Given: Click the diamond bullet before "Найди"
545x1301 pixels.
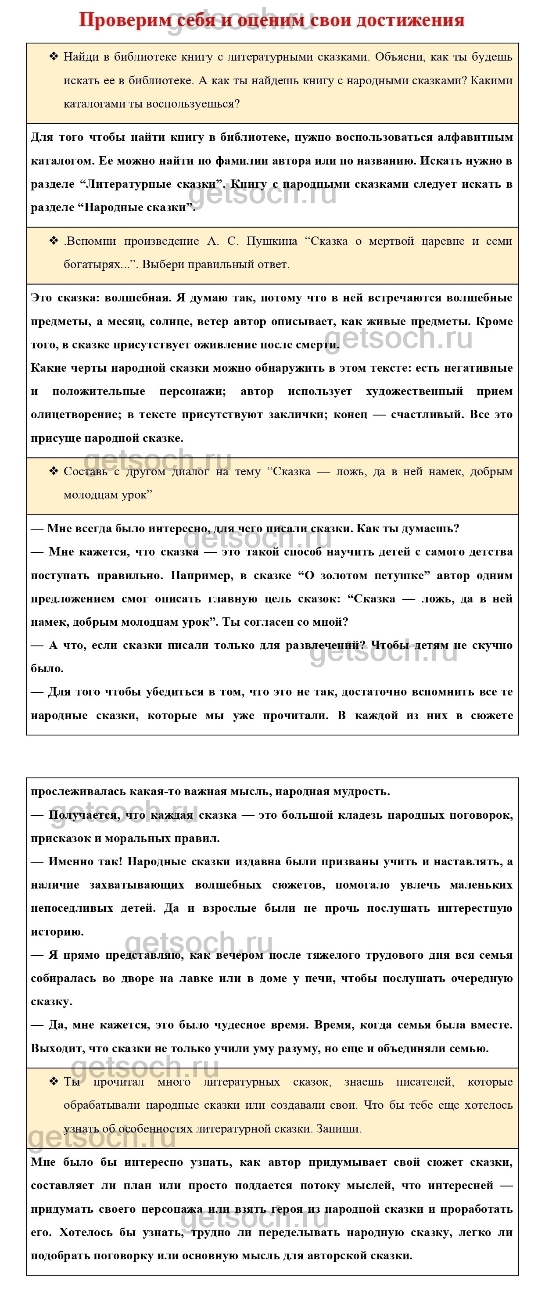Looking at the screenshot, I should pos(54,56).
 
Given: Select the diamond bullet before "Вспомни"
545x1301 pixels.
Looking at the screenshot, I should pos(54,240).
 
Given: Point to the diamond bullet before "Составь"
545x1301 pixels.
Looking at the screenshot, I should pos(54,471).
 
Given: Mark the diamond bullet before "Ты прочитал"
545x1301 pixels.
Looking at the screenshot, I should pos(54,1081).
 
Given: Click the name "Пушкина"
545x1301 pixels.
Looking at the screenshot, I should pos(272,241).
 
